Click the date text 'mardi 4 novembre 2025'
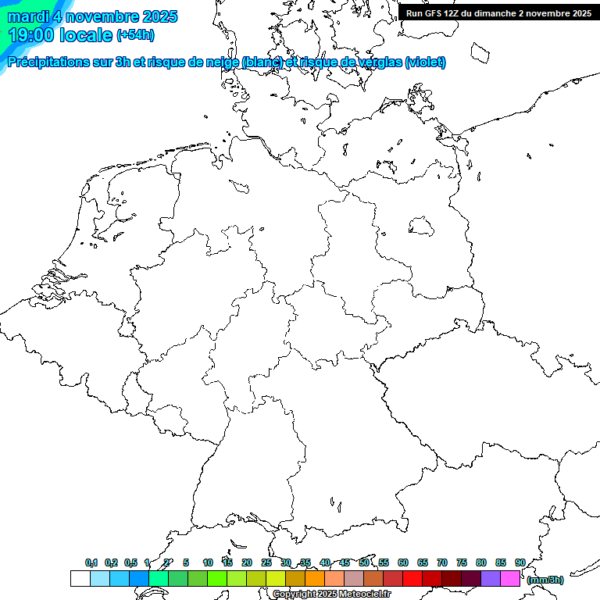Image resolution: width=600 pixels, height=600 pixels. click(x=92, y=16)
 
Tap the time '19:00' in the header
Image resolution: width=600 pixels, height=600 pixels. click(x=30, y=35)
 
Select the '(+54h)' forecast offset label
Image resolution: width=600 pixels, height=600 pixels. click(x=135, y=35)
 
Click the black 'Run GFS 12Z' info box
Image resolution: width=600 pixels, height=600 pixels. click(x=498, y=13)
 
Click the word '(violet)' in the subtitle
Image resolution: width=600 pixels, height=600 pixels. click(x=426, y=62)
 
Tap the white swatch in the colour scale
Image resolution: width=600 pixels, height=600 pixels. click(x=80, y=579)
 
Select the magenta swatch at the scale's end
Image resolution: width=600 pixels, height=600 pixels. click(x=510, y=579)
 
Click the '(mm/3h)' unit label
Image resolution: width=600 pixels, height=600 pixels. click(x=545, y=580)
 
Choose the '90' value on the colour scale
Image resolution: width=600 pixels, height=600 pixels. click(x=520, y=562)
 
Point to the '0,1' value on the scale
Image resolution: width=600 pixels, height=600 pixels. click(x=91, y=562)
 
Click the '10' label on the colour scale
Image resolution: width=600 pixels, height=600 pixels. click(x=208, y=562)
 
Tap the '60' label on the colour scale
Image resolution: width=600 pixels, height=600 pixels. click(x=403, y=562)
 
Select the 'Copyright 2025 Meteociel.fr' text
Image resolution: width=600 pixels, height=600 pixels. click(x=331, y=594)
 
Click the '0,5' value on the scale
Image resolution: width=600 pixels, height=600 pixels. click(x=130, y=562)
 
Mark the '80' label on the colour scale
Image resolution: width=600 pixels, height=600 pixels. click(x=481, y=562)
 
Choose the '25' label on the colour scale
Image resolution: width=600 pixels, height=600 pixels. click(x=266, y=562)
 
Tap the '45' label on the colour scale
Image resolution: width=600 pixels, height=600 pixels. click(x=345, y=562)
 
